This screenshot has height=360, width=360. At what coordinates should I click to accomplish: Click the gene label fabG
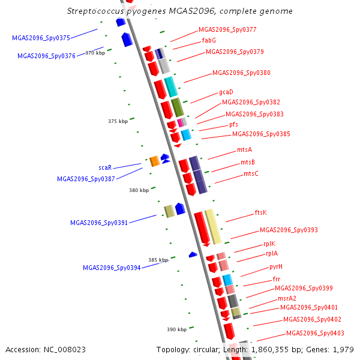click(x=209, y=40)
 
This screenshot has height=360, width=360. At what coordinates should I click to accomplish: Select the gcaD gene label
click(x=226, y=92)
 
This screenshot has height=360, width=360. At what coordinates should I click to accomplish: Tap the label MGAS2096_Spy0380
click(x=241, y=73)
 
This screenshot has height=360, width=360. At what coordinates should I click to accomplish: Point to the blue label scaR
click(x=105, y=167)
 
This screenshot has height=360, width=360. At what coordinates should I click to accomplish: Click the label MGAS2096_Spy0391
click(x=99, y=223)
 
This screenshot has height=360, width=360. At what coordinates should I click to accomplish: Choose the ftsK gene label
click(x=260, y=212)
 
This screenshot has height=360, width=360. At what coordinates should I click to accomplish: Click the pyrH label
click(x=276, y=266)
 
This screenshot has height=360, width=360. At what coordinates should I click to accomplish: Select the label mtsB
click(x=248, y=162)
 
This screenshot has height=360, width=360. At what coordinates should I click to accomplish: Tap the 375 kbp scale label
click(x=118, y=121)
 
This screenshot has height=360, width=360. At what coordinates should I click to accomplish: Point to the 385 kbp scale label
click(x=158, y=260)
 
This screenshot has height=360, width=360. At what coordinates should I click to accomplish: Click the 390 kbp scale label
click(x=176, y=329)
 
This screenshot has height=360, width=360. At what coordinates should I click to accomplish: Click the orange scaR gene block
click(x=154, y=161)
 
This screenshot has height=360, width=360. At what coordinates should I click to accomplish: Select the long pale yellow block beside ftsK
click(x=212, y=226)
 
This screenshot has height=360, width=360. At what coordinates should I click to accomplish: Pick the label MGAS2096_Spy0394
click(x=112, y=268)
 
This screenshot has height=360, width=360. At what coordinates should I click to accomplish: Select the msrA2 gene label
click(x=287, y=298)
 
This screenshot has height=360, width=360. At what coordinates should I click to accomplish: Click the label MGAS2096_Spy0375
click(x=41, y=38)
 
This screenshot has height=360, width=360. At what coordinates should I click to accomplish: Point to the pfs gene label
click(x=233, y=124)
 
